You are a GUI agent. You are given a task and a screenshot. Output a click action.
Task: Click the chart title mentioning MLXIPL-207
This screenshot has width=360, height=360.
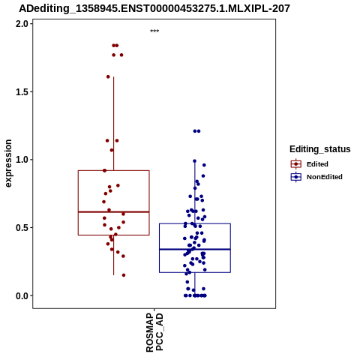click(x=154, y=8)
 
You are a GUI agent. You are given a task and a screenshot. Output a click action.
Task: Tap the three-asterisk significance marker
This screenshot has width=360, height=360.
click(x=154, y=31)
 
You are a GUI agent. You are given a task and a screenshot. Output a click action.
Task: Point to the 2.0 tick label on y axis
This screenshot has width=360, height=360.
click(x=22, y=24)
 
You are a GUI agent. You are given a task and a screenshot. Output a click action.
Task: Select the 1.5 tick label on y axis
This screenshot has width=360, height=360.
click(x=22, y=91)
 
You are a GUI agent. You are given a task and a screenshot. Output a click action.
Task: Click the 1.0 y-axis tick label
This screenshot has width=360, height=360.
click(x=22, y=160)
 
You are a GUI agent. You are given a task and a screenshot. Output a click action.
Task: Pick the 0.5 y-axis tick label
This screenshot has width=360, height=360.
click(x=22, y=227)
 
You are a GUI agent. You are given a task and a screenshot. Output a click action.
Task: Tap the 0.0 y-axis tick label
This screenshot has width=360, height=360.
click(x=22, y=295)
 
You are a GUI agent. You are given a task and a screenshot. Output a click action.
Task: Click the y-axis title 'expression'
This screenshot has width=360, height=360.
click(x=8, y=163)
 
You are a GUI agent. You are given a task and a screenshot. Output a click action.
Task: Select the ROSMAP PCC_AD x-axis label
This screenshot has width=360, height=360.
click(x=154, y=332)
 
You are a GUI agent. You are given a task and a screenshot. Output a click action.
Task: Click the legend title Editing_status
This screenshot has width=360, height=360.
click(x=320, y=149)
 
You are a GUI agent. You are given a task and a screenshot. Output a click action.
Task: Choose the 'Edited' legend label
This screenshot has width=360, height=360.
click(x=317, y=164)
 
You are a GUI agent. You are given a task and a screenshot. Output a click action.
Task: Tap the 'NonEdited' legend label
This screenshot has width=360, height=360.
click(x=325, y=177)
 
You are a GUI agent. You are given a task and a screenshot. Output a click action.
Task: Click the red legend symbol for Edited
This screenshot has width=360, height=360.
click(x=296, y=164)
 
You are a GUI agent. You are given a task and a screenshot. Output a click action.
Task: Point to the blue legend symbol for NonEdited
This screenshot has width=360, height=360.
click(x=296, y=177)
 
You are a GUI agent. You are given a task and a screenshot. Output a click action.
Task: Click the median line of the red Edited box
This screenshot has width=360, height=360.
click(x=114, y=212)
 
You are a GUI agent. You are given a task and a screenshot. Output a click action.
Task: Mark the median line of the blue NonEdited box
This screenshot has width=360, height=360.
click(x=195, y=249)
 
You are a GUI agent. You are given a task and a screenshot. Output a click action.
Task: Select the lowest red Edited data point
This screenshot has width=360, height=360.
click(x=124, y=275)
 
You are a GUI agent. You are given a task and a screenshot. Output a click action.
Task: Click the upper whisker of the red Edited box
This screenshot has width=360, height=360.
click(x=114, y=124)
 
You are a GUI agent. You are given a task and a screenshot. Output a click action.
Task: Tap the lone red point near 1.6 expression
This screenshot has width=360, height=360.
click(x=108, y=76)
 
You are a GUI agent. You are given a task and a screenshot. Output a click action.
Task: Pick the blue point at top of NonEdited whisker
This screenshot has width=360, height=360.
click(x=195, y=161)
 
